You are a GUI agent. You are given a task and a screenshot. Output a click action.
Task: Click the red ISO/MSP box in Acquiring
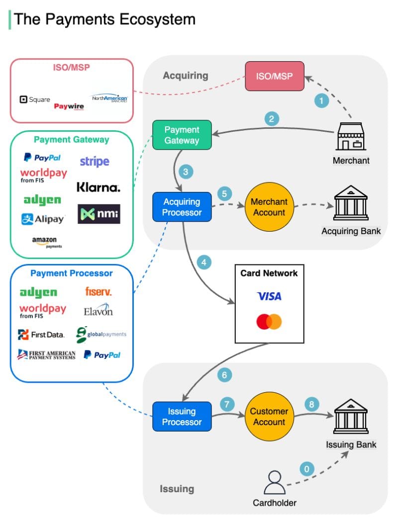click(275, 76)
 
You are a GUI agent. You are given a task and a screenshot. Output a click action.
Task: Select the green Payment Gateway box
click(182, 135)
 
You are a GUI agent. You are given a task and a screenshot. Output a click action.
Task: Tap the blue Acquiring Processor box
click(182, 207)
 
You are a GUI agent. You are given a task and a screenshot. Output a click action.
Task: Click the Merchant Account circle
click(269, 207)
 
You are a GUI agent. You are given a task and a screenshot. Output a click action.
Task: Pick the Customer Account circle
click(269, 417)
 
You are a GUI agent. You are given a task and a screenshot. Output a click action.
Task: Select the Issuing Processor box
click(182, 417)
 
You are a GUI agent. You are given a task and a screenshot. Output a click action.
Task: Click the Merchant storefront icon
click(351, 136)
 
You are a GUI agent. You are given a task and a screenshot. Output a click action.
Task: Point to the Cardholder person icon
click(275, 483)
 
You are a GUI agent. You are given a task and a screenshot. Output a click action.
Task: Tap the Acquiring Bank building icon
click(351, 203)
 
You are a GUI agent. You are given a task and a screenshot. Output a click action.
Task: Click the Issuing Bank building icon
click(351, 416)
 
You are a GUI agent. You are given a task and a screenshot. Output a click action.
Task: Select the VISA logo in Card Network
click(269, 296)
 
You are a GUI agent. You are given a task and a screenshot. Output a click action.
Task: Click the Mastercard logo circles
click(269, 322)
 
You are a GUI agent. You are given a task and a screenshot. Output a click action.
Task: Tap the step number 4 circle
click(204, 262)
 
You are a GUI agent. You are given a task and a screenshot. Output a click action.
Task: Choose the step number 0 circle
click(306, 469)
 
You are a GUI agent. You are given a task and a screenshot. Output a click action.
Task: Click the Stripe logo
click(95, 162)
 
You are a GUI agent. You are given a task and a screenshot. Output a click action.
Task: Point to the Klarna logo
click(99, 187)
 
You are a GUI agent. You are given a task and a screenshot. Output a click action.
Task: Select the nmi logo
click(99, 214)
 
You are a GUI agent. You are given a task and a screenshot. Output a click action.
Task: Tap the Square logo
click(35, 99)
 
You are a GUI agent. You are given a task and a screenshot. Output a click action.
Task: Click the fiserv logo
click(99, 291)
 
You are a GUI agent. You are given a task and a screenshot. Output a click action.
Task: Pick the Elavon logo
click(98, 310)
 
